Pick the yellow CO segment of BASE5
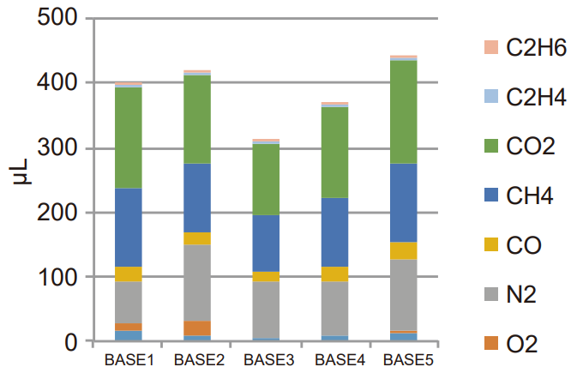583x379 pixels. click(x=404, y=250)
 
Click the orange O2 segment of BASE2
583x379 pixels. click(x=197, y=328)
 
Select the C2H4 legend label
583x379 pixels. click(x=536, y=97)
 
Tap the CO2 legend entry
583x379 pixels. click(x=531, y=146)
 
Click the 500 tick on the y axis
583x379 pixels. click(x=59, y=19)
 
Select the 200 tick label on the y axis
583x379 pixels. click(x=59, y=213)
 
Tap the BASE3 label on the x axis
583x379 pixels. click(x=266, y=358)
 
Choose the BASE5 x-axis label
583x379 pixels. click(x=404, y=358)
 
